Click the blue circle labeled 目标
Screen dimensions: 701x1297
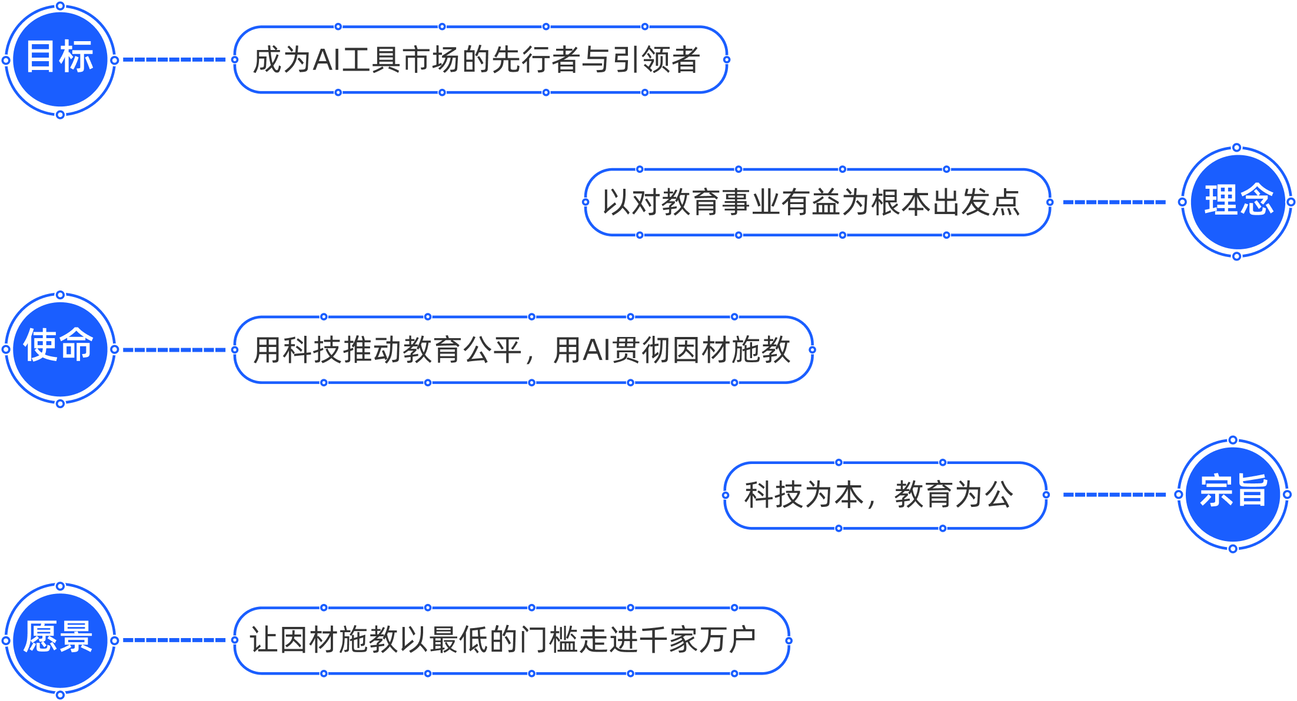click(x=60, y=60)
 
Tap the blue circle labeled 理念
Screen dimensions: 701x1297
click(x=1236, y=202)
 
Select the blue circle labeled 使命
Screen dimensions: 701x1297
click(x=60, y=349)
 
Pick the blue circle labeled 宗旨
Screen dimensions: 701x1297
click(x=1233, y=495)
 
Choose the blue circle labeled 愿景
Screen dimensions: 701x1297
click(x=60, y=640)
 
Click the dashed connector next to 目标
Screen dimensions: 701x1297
click(x=174, y=59)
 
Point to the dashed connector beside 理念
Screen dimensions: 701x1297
click(x=1114, y=202)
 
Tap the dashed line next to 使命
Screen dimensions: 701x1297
click(x=174, y=350)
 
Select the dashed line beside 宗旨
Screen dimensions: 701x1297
click(x=1114, y=495)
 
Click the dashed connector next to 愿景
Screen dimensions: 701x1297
click(x=174, y=640)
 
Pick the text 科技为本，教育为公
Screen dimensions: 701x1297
click(x=878, y=495)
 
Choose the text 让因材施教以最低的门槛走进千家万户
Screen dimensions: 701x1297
click(x=503, y=640)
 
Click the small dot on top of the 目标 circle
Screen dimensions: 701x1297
click(x=60, y=6)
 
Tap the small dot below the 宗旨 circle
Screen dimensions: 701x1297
click(x=1233, y=549)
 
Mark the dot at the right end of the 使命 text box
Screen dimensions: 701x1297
click(x=812, y=350)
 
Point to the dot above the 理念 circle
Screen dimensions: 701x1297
click(x=1236, y=147)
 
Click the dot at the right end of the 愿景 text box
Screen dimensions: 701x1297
click(x=789, y=640)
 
